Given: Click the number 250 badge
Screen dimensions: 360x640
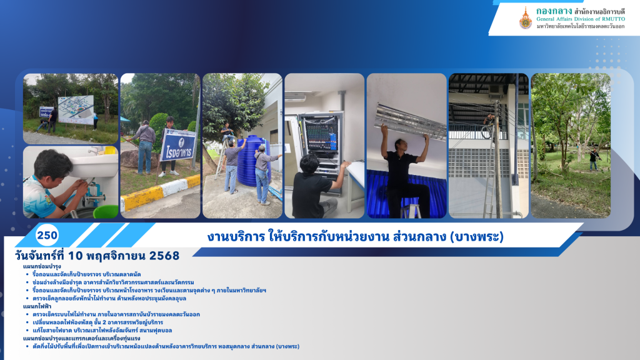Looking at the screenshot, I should tap(47, 236).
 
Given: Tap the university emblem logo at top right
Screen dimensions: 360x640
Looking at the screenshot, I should tap(526, 18).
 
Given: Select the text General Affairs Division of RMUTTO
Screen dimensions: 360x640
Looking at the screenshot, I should tap(584, 19).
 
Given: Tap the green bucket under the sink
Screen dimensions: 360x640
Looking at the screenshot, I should tap(105, 211).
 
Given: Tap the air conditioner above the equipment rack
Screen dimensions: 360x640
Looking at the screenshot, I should tap(298, 97).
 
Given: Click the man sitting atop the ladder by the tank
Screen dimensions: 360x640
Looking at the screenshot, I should tap(229, 132).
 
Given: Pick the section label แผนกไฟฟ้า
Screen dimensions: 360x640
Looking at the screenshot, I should tap(37, 307).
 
